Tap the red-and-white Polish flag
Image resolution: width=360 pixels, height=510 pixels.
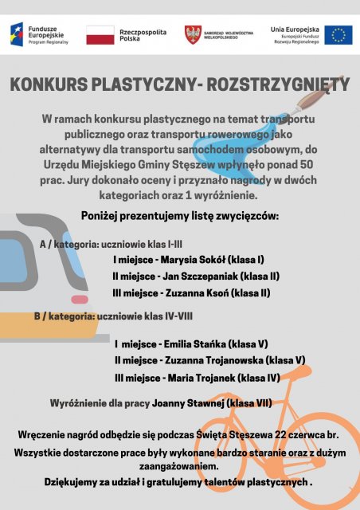[100, 34]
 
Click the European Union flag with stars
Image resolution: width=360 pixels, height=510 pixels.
[338, 34]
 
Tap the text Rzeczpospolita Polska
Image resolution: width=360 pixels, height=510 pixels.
[143, 34]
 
